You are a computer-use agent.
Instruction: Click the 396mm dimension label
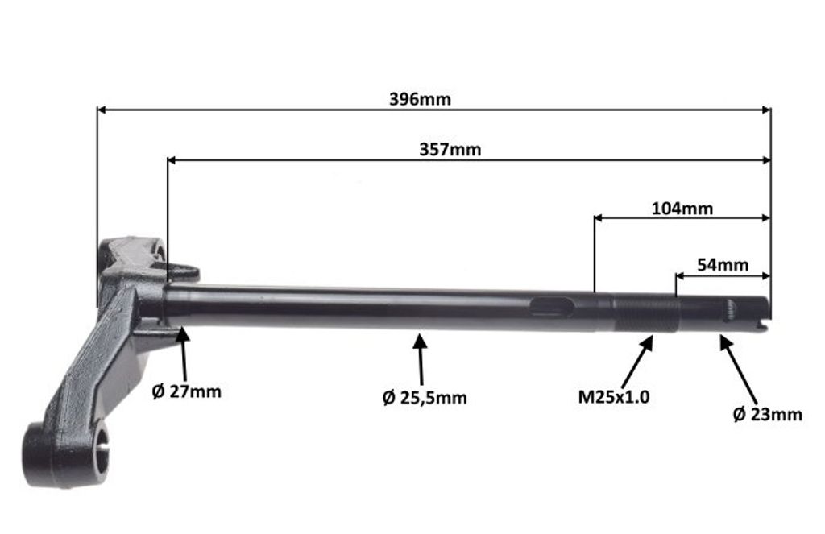tap(420, 99)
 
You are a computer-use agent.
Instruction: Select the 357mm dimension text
tap(450, 150)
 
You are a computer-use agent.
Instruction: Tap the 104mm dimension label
tap(682, 209)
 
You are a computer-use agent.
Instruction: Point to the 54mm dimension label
tap(723, 265)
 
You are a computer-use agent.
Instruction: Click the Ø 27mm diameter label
tap(186, 391)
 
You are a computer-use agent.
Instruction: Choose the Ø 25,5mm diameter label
tap(425, 397)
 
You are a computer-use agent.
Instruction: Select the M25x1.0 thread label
tap(613, 396)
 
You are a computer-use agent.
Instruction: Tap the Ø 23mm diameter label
tap(767, 414)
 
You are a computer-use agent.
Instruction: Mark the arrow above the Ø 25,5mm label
tap(421, 358)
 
